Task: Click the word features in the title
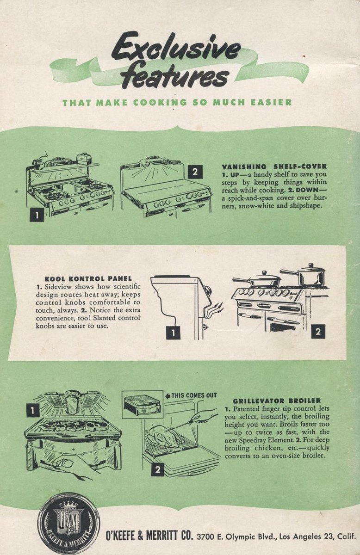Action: pyautogui.click(x=175, y=74)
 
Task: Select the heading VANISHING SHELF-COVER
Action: pyautogui.click(x=274, y=166)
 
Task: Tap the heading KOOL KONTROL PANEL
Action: pyautogui.click(x=88, y=279)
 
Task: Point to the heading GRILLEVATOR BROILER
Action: pyautogui.click(x=277, y=401)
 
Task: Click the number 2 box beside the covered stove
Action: pyautogui.click(x=195, y=172)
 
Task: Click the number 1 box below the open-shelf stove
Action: pyautogui.click(x=37, y=215)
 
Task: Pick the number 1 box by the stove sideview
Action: pyautogui.click(x=173, y=333)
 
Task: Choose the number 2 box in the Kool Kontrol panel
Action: pyautogui.click(x=318, y=331)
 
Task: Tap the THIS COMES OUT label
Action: pyautogui.click(x=191, y=395)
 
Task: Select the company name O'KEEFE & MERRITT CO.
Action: pyautogui.click(x=149, y=536)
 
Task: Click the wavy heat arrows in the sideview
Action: pyautogui.click(x=214, y=310)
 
